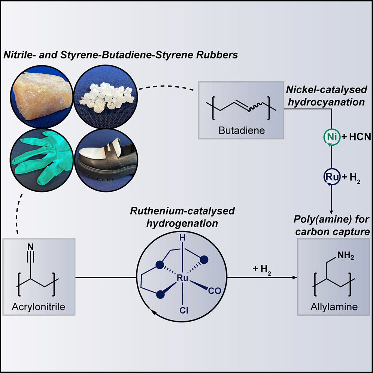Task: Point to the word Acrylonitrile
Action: pos(38,307)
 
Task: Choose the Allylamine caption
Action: pos(334,307)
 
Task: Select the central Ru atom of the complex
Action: pos(182,279)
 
